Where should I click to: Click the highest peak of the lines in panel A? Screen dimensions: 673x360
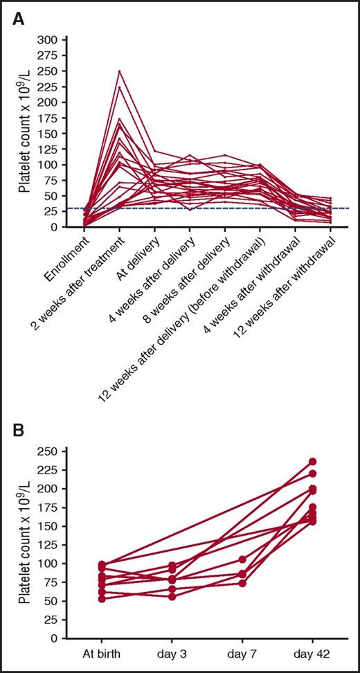click(120, 71)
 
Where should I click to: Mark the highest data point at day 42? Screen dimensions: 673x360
click(312, 461)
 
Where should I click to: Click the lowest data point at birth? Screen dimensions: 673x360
click(102, 598)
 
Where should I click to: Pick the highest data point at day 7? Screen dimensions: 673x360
click(242, 559)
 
